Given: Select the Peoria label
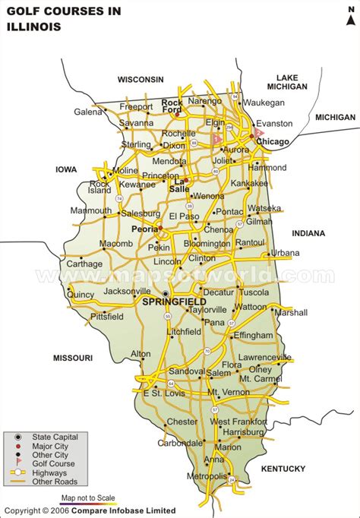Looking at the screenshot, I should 144,228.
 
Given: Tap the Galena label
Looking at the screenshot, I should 87,112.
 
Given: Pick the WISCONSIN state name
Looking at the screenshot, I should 141,79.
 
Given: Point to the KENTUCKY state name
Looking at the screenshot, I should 283,469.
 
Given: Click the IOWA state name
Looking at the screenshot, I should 68,169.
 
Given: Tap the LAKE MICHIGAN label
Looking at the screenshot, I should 292,82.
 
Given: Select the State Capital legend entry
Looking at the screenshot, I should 55,437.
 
